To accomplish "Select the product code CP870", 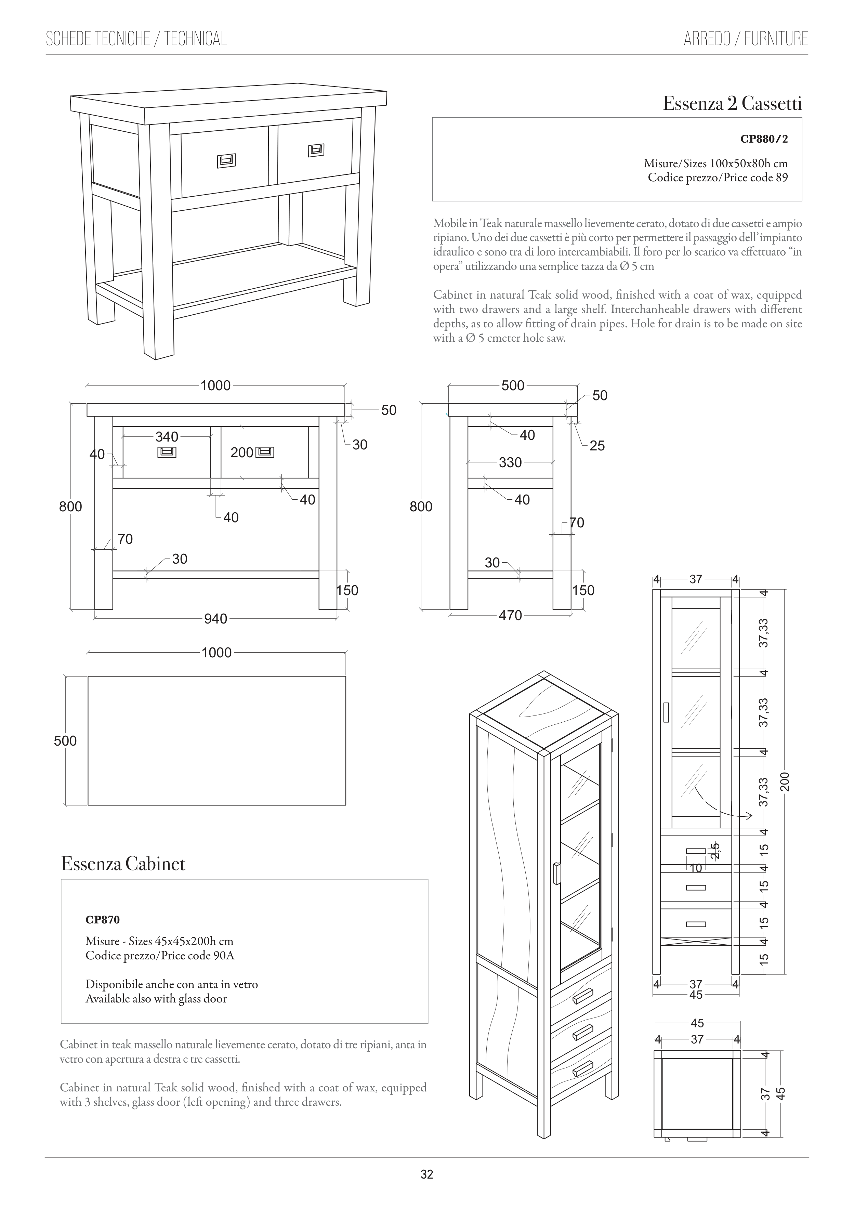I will click(103, 920).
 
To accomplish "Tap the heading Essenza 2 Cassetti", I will click(732, 104).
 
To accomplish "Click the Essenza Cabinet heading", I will click(123, 864).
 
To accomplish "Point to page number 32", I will click(427, 1175).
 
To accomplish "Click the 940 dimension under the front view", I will click(216, 619).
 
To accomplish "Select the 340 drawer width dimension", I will click(167, 437).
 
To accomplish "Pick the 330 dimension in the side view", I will click(510, 462).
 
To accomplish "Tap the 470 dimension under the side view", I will click(510, 615).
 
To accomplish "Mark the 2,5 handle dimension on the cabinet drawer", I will click(714, 851).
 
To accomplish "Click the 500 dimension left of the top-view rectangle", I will click(65, 741).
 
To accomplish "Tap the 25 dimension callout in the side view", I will click(597, 446).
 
